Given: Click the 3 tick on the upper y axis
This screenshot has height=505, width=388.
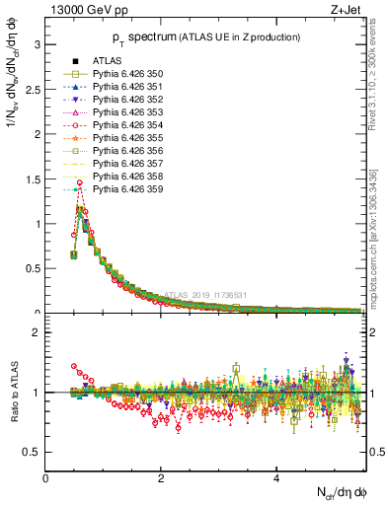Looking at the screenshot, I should click(x=38, y=45).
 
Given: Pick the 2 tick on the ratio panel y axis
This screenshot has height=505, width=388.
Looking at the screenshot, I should click(x=38, y=332).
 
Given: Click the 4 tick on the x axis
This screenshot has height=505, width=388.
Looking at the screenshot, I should click(x=276, y=480).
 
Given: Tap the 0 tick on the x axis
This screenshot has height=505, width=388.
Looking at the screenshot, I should click(x=45, y=480).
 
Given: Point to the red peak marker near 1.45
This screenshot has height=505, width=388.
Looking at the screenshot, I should click(x=79, y=182).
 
